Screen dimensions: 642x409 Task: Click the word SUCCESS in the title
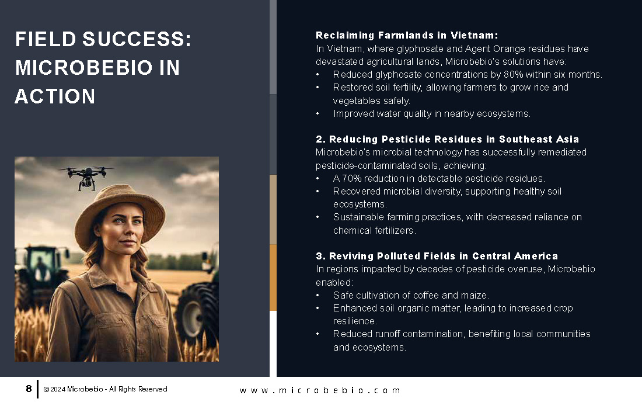click(x=137, y=39)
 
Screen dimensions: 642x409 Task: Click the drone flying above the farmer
click(x=86, y=176)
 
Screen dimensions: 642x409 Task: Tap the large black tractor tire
click(x=197, y=311)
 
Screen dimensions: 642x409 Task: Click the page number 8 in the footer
click(x=29, y=389)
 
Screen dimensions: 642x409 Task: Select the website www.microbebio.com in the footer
click(x=320, y=390)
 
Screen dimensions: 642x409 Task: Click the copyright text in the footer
click(x=105, y=389)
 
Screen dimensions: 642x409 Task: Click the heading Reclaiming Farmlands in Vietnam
click(x=407, y=35)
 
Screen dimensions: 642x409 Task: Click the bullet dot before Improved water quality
click(x=317, y=114)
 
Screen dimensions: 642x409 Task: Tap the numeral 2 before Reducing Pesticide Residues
click(x=319, y=139)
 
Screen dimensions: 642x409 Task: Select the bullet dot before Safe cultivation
click(x=317, y=296)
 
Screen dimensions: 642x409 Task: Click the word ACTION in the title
click(x=55, y=97)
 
